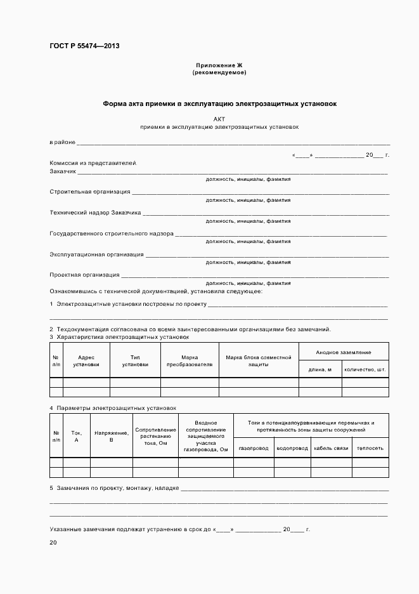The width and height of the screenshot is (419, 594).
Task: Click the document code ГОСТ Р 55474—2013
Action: [84, 46]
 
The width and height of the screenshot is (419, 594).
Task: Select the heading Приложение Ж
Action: [219, 65]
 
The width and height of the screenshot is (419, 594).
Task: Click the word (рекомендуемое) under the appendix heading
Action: [219, 73]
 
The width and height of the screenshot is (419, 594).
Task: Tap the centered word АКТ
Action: [219, 119]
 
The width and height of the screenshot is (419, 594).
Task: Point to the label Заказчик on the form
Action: [63, 171]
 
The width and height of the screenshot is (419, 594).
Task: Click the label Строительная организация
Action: [90, 191]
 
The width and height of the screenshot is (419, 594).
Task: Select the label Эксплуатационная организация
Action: [96, 254]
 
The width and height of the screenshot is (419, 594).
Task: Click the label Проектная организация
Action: [84, 275]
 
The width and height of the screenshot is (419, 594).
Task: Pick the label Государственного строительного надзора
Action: [112, 234]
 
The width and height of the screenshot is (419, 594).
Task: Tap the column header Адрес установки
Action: [86, 360]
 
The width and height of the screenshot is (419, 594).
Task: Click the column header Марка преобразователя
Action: [189, 360]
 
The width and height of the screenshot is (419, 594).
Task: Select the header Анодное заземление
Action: [344, 352]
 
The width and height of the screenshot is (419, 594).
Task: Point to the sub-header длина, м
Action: [320, 369]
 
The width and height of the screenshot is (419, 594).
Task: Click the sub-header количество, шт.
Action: [365, 369]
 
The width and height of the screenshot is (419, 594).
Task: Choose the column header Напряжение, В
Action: [112, 435]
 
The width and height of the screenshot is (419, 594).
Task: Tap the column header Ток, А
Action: [77, 435]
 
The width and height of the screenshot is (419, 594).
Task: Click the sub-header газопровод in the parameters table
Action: [254, 448]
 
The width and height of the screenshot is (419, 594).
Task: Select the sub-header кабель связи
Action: [331, 448]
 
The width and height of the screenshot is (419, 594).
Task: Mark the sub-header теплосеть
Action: [370, 448]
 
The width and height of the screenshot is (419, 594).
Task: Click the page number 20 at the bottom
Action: [53, 543]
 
